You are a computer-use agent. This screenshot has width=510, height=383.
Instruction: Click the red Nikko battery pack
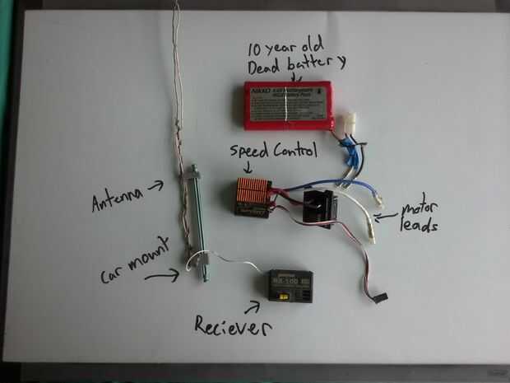tap(287, 105)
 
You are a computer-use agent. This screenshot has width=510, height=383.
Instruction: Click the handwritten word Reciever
tap(232, 326)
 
